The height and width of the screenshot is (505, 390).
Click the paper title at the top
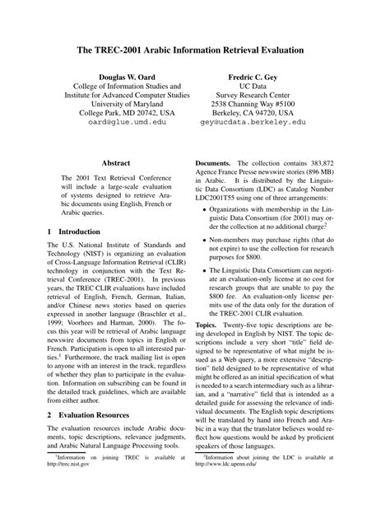click(x=195, y=50)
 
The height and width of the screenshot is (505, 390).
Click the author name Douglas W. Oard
click(x=120, y=74)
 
